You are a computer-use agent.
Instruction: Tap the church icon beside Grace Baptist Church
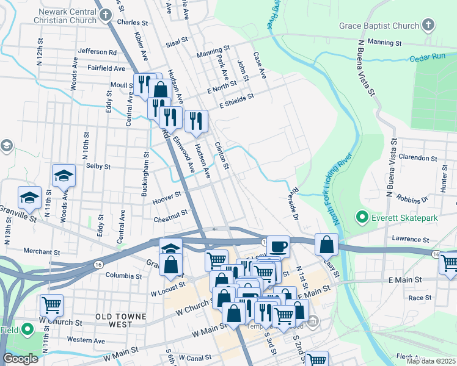coord(428,25)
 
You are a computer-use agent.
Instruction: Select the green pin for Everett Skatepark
coord(361,217)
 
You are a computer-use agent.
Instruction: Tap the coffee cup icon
coord(278,246)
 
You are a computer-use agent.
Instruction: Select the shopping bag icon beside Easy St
coord(327,245)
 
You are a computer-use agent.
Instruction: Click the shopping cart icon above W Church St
coord(51,305)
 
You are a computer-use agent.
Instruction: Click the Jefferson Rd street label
coord(97,52)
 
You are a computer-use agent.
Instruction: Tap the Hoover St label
coord(169,196)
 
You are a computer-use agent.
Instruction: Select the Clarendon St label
coord(419,157)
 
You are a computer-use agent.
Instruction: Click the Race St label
coord(420,298)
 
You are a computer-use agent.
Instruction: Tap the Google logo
coord(20,359)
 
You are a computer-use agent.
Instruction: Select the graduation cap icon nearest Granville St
coord(29,198)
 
